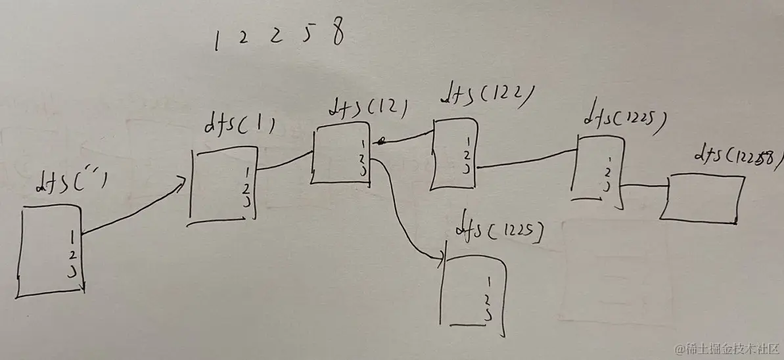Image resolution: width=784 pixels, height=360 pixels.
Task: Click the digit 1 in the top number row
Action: (216, 41)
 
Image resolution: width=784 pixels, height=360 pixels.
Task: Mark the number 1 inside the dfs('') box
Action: (72, 234)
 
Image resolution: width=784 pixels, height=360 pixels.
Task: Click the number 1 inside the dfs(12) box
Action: (363, 144)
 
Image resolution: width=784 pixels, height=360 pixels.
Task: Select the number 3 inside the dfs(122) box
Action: (466, 169)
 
